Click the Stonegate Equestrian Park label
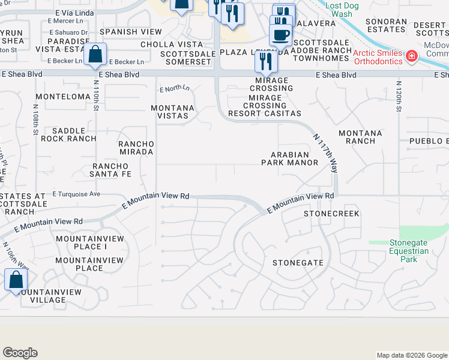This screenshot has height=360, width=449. [x=409, y=251]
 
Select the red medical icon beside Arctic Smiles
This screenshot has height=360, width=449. [x=412, y=56]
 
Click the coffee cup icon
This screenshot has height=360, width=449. [x=280, y=34]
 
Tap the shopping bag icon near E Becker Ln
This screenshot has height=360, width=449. [x=95, y=54]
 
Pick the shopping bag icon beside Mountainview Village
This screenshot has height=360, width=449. [x=16, y=279]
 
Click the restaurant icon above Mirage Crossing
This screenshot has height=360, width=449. [x=265, y=61]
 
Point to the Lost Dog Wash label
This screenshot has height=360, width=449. [x=346, y=9]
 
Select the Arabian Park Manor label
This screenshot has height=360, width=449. [x=290, y=158]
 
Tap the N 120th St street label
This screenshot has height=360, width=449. [x=398, y=102]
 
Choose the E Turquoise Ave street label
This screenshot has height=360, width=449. [x=76, y=194]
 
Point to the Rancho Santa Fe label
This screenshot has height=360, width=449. [x=111, y=170]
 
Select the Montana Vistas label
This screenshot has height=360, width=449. [x=176, y=112]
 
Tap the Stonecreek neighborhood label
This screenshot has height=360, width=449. [x=331, y=214]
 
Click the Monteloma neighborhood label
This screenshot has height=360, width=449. [x=63, y=96]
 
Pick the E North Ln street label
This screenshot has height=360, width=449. [x=175, y=89]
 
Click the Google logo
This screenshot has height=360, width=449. [x=20, y=353]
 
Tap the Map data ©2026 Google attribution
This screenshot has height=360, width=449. [x=411, y=355]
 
